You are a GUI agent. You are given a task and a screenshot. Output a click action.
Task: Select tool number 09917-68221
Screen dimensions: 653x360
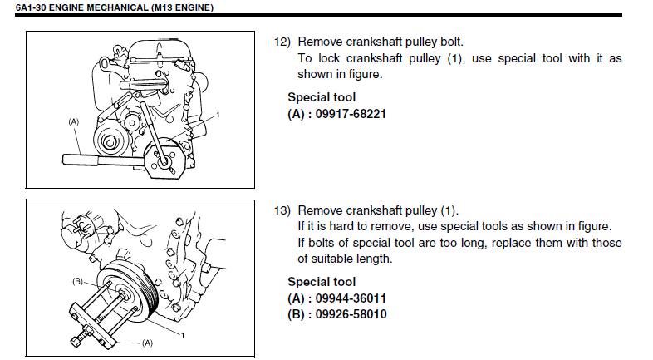tap(351, 114)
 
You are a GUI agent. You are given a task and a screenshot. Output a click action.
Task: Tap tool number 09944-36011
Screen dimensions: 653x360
tap(351, 298)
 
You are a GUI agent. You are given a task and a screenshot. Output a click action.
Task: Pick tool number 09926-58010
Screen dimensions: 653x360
tap(351, 314)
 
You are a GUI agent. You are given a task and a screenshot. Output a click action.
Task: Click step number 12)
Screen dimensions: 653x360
tap(282, 42)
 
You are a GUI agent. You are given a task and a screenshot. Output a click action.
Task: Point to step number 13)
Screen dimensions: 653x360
tap(282, 210)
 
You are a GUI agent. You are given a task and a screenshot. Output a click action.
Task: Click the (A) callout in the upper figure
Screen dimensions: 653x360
tap(73, 121)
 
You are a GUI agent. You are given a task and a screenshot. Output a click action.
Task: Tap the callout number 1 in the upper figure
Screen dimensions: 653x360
tap(218, 115)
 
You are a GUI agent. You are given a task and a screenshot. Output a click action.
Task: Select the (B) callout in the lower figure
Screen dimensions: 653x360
tap(77, 281)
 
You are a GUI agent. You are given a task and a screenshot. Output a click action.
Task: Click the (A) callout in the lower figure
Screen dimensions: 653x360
tap(147, 343)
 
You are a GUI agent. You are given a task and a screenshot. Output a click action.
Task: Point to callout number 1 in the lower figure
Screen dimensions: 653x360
tap(183, 335)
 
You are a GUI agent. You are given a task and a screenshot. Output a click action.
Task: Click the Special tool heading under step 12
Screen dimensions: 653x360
tap(322, 97)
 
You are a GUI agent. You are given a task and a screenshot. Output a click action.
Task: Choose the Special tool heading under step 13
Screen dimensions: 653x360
tap(322, 282)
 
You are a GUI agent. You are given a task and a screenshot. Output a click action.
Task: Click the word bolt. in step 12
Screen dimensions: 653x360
tap(452, 42)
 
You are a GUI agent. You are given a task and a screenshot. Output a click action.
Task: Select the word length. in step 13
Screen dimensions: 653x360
tap(375, 259)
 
